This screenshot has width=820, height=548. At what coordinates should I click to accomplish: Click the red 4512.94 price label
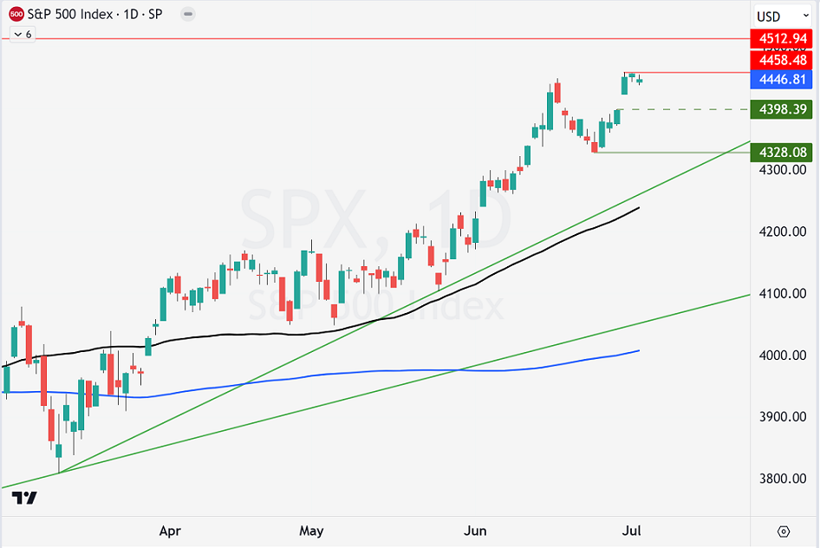click(783, 39)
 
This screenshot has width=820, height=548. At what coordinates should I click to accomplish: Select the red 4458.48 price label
click(783, 62)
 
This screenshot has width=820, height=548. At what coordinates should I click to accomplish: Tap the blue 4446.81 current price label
click(783, 80)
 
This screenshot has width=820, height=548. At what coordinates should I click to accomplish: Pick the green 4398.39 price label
click(783, 109)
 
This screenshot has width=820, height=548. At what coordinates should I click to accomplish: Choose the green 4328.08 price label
click(783, 153)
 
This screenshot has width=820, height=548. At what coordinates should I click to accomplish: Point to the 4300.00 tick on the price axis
click(783, 170)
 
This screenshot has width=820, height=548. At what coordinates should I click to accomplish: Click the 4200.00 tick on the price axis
click(783, 232)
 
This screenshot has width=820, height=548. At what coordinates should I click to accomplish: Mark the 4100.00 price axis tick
click(783, 294)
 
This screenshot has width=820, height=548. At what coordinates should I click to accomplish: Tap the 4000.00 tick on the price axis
click(783, 356)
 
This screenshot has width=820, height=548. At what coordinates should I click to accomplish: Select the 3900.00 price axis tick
click(783, 417)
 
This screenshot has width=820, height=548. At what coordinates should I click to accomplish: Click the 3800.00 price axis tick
click(783, 479)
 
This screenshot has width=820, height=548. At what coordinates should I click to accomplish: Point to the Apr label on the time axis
click(171, 531)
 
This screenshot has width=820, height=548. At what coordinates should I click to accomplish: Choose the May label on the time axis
click(310, 531)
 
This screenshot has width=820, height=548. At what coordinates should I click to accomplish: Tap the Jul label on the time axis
click(633, 531)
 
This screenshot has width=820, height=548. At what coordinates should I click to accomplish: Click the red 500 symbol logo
click(16, 14)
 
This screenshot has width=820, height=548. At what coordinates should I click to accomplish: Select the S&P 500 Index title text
click(69, 14)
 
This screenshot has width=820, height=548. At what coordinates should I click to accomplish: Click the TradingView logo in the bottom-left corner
click(24, 498)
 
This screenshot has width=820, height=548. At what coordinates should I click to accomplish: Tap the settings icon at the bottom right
click(784, 531)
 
